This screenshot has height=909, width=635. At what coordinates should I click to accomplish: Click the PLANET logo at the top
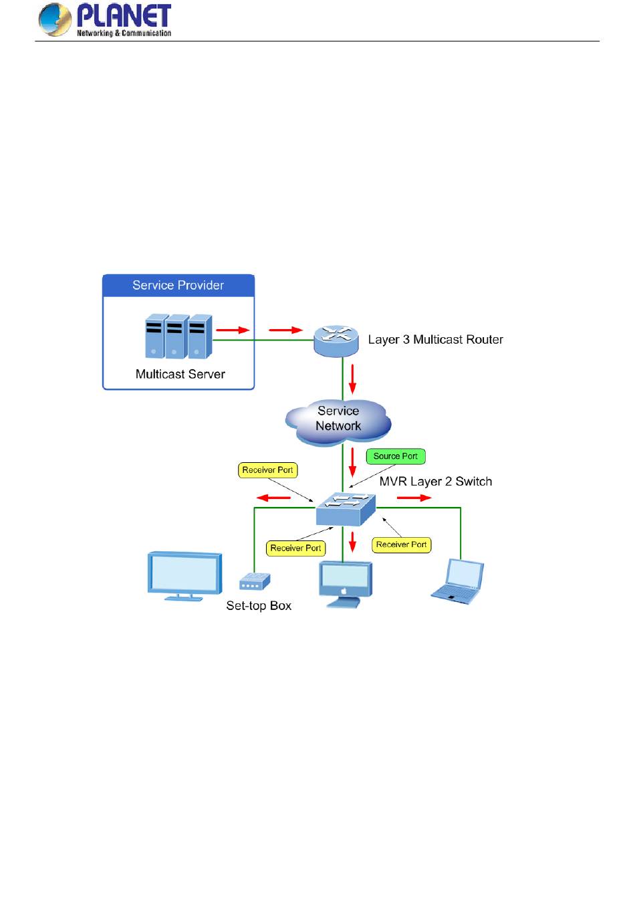point(105,19)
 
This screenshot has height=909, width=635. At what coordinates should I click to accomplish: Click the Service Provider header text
point(178,286)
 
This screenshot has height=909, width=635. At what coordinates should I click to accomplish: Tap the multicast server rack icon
point(178,336)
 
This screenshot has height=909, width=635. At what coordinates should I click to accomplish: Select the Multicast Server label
point(180,375)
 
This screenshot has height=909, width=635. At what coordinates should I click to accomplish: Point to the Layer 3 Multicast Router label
point(435,340)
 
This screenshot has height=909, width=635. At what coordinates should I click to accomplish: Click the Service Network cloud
point(338,419)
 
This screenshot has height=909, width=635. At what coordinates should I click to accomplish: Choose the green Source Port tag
point(395,456)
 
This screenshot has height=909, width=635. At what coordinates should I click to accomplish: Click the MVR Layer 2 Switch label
point(435,482)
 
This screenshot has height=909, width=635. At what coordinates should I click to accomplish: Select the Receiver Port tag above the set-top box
point(267,470)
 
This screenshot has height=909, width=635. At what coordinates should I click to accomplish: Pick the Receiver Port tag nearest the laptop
point(401,544)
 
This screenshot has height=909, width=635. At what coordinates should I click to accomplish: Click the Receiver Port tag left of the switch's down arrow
point(295,548)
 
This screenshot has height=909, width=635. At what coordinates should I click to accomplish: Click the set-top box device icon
point(254,582)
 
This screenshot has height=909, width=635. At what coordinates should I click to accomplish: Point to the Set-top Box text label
point(259,606)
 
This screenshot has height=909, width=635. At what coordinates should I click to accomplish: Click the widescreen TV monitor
point(184,575)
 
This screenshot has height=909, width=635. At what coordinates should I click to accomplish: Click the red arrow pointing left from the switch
point(274,498)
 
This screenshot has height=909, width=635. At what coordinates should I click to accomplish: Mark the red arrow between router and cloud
point(353,380)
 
